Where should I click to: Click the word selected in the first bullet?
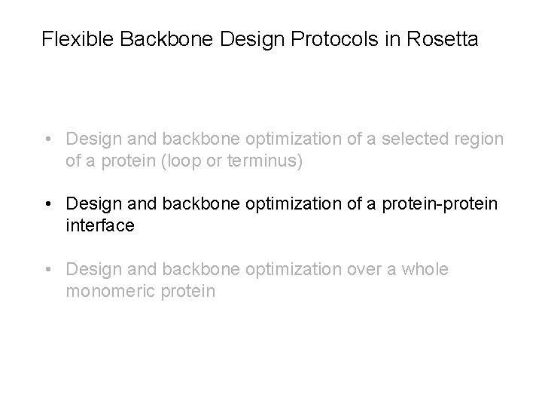(x=416, y=139)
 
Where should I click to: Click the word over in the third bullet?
(x=359, y=270)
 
